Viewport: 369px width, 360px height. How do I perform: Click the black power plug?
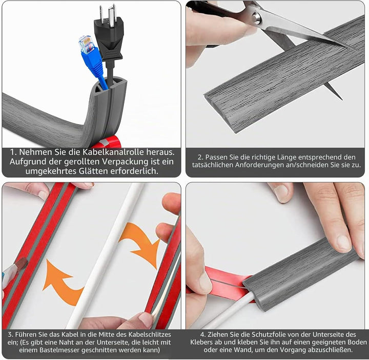(x=109, y=35)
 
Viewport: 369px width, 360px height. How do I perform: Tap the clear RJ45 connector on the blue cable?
(x=86, y=45)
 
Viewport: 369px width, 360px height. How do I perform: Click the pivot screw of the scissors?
(x=257, y=18)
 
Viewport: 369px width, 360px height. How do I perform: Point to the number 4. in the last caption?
(x=203, y=334)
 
